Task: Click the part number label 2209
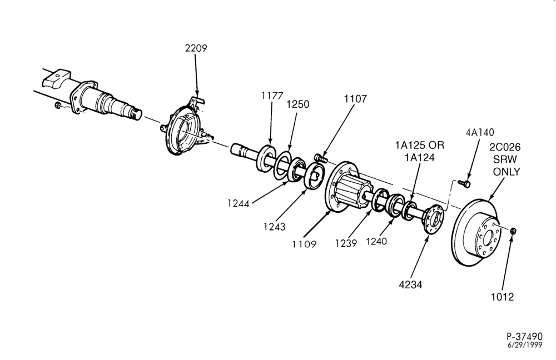pos(196,48)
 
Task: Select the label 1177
pos(272,96)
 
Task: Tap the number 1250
pos(298,104)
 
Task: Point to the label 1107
pos(355,99)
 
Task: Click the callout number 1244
pos(239,203)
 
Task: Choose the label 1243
pos(274,227)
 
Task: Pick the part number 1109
pos(304,244)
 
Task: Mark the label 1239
pos(346,243)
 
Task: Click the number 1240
pos(376,242)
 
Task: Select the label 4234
pos(411,284)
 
